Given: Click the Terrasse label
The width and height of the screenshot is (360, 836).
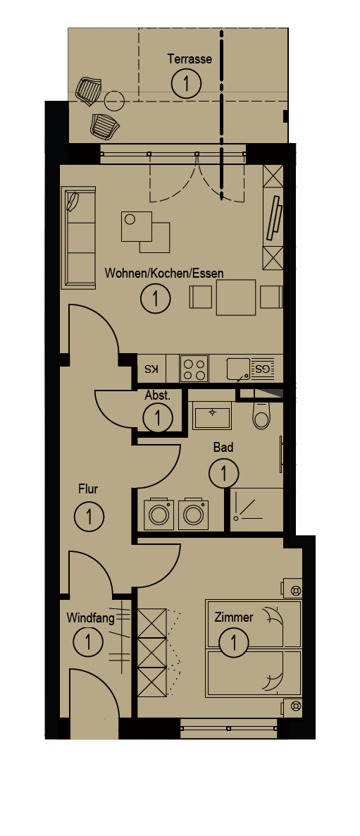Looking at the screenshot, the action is coord(190,59).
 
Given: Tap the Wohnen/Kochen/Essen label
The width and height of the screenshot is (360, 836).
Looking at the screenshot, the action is coord(164,273).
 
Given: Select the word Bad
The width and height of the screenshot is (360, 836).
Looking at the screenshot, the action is coord(223,448).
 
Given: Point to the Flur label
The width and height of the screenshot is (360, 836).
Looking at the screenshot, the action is coord(88,488).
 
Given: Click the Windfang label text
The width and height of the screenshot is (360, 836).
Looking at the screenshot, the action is coord(91,618).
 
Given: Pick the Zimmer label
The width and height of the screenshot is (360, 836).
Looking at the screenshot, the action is coord(233,617).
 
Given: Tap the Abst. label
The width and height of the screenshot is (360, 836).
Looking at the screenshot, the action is coord(157,395).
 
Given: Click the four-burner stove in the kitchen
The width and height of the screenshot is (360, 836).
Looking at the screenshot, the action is coord(194,369).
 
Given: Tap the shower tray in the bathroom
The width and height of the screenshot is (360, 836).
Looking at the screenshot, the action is coord(257,509).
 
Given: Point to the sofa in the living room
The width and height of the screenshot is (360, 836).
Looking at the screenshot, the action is coord(78,238).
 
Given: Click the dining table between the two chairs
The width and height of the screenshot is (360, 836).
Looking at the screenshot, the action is coord(236,297).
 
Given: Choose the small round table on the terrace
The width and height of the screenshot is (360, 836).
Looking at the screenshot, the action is coord(114,99).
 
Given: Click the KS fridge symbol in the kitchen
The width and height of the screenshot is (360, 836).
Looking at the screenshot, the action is coord(151,369).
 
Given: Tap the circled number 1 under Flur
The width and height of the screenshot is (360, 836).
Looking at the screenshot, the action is coord(89,516).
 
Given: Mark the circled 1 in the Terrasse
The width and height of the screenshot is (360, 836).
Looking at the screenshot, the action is coord(187,83).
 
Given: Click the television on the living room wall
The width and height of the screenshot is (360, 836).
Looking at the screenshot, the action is coord(275,218).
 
